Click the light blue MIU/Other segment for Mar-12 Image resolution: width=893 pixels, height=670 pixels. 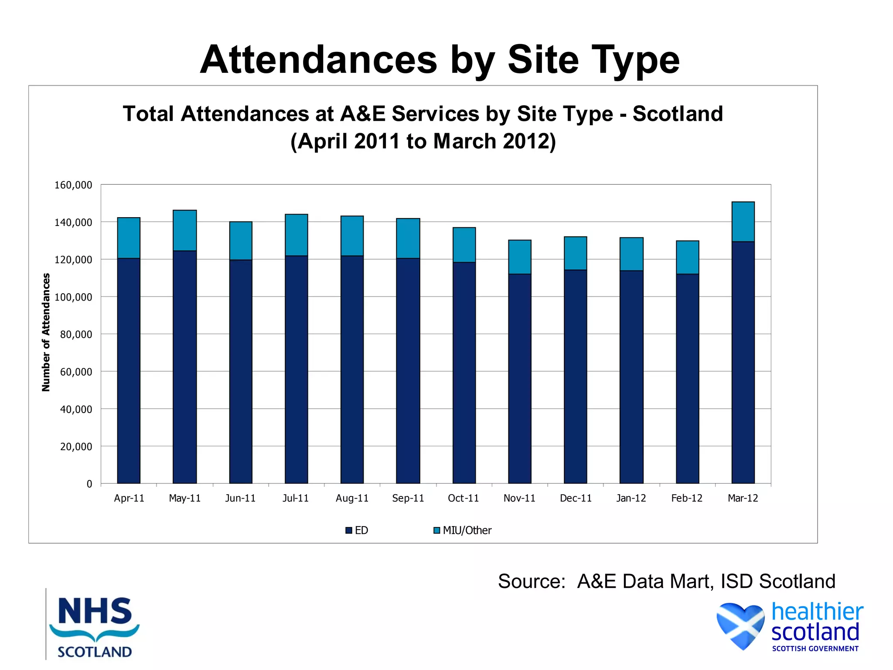pyautogui.click(x=743, y=222)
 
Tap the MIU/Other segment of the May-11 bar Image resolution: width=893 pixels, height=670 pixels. pyautogui.click(x=185, y=230)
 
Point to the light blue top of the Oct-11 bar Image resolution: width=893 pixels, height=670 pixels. pyautogui.click(x=464, y=245)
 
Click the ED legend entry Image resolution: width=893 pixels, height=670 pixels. pyautogui.click(x=357, y=530)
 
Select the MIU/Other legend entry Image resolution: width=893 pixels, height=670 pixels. pyautogui.click(x=463, y=530)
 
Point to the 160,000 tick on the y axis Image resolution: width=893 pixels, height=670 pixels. pyautogui.click(x=73, y=185)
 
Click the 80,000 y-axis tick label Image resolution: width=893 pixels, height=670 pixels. pyautogui.click(x=76, y=335)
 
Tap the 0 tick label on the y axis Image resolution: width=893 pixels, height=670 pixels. pyautogui.click(x=89, y=484)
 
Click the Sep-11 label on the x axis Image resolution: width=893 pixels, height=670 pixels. pyautogui.click(x=408, y=498)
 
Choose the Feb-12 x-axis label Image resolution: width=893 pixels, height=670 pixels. pyautogui.click(x=687, y=498)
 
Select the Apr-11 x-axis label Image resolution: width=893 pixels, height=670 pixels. pyautogui.click(x=129, y=498)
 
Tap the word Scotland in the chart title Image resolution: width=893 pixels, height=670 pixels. pyautogui.click(x=678, y=114)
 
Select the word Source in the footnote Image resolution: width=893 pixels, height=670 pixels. pyautogui.click(x=531, y=581)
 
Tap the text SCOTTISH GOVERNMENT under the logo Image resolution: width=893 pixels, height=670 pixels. pyautogui.click(x=815, y=649)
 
